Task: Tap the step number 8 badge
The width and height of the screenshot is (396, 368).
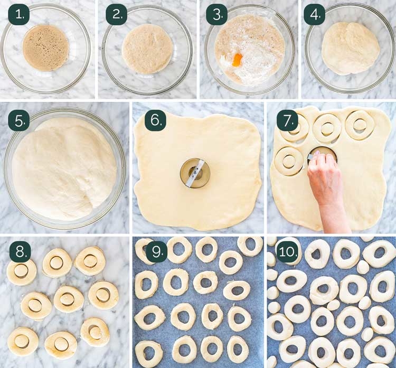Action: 18,251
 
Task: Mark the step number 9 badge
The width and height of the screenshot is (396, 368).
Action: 155,251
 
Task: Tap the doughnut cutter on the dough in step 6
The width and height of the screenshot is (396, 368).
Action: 195,173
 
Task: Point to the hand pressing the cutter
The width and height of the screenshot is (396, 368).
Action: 324,177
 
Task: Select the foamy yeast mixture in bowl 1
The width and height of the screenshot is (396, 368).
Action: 46,48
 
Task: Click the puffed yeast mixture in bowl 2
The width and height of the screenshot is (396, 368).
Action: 147,49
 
